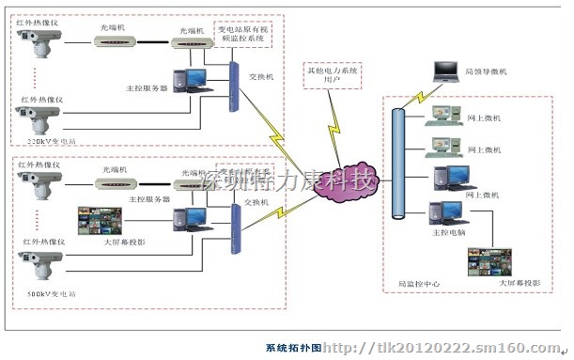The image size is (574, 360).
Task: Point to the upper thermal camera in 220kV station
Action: coord(40,42)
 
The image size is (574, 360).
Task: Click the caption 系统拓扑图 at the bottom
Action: coord(293,348)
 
